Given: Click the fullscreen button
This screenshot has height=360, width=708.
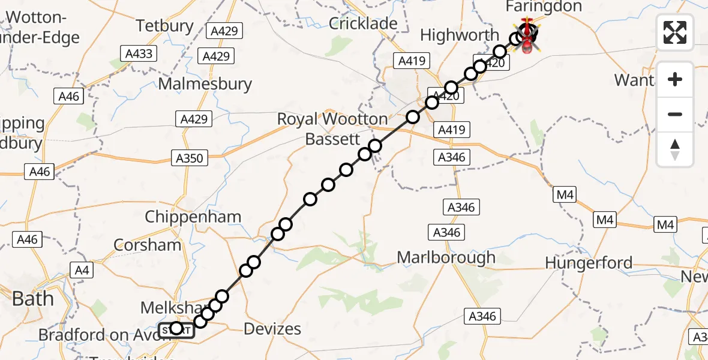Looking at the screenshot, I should pyautogui.click(x=675, y=32).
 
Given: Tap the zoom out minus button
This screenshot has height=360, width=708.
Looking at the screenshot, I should pyautogui.click(x=675, y=114).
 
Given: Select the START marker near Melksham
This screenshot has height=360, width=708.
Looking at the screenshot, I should pyautogui.click(x=176, y=329).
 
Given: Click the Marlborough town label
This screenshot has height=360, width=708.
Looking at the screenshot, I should pyautogui.click(x=446, y=258).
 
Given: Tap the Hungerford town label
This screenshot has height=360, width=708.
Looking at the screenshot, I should pyautogui.click(x=589, y=263).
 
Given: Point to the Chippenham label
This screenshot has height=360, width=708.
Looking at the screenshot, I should pyautogui.click(x=193, y=217).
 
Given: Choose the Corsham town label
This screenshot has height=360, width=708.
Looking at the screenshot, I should pyautogui.click(x=147, y=245).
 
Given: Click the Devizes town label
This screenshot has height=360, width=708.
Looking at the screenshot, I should pyautogui.click(x=272, y=329).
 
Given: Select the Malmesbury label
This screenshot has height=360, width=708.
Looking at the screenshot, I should pyautogui.click(x=205, y=84).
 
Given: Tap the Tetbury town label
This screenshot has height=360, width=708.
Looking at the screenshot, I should pyautogui.click(x=164, y=26).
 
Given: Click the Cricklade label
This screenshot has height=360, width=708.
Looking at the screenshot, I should pyautogui.click(x=363, y=23).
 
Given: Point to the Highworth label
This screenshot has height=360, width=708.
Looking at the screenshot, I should pyautogui.click(x=460, y=35).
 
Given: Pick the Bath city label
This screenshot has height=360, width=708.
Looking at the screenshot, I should pyautogui.click(x=33, y=299).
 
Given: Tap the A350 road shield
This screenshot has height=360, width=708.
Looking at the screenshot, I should pyautogui.click(x=190, y=158).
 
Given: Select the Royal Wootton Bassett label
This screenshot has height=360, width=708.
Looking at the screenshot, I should pyautogui.click(x=332, y=129).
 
